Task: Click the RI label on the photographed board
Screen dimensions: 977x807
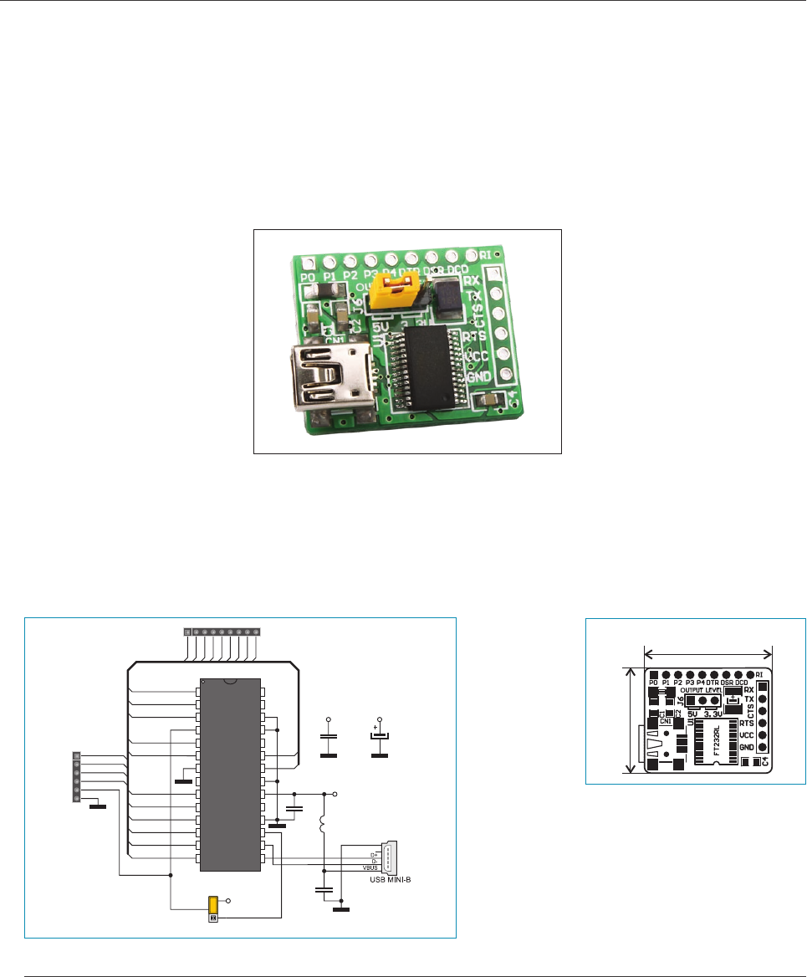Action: (485, 254)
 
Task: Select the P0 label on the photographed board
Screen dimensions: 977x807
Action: (308, 277)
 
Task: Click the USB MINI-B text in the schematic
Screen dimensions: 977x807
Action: (383, 879)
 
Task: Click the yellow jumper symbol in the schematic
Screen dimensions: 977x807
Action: (213, 904)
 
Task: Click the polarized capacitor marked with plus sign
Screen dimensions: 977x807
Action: (380, 736)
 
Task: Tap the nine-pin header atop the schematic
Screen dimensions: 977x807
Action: (221, 632)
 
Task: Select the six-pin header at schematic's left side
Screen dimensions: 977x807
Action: (77, 777)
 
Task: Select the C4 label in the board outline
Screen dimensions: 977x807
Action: (766, 761)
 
